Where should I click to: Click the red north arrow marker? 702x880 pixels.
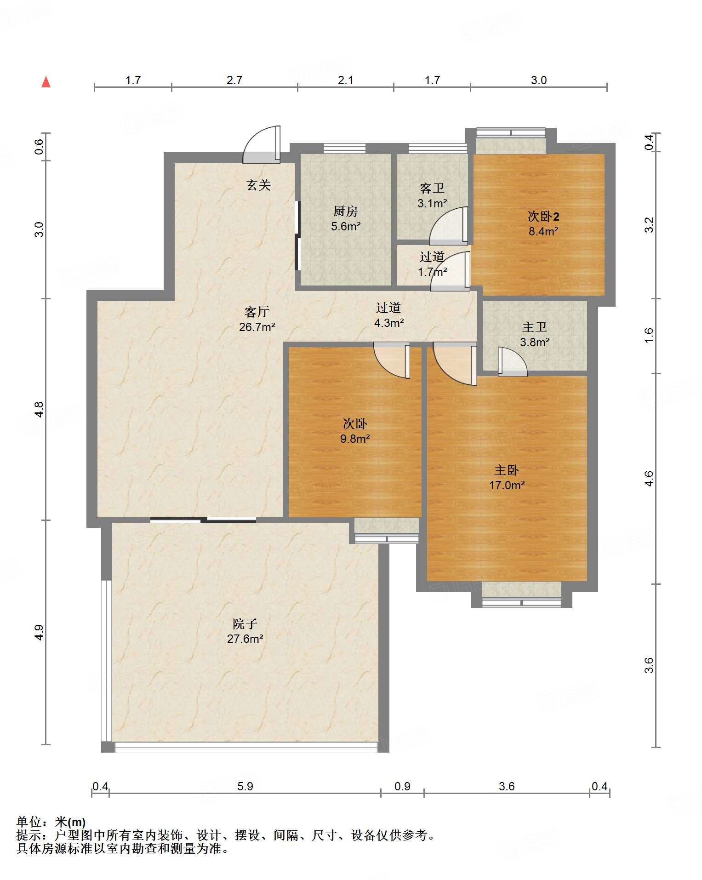tap(46, 82)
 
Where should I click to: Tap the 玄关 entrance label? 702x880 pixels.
tap(259, 185)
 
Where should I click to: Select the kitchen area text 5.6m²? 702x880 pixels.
tap(346, 226)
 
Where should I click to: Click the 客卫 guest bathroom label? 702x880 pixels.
tap(432, 188)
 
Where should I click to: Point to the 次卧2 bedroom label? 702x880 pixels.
tap(543, 216)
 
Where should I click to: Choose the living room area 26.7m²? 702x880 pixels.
tap(257, 327)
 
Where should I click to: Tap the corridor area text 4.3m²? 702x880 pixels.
tap(389, 323)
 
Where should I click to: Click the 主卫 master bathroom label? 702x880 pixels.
tap(535, 327)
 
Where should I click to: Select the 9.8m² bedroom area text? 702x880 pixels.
tap(355, 439)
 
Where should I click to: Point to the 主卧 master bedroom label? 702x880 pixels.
tap(507, 470)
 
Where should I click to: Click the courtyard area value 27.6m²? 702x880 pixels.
tap(245, 638)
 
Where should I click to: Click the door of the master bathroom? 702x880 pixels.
tap(512, 362)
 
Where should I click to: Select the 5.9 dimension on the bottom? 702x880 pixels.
tap(245, 786)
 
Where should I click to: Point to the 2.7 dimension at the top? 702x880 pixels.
tap(234, 80)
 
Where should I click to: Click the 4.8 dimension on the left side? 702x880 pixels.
tap(40, 409)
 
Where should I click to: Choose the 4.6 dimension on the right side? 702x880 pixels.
tap(648, 478)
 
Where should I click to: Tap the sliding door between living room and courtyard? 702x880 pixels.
tap(203, 520)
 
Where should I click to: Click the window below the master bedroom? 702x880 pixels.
tap(522, 602)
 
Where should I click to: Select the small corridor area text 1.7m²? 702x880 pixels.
tap(432, 272)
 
